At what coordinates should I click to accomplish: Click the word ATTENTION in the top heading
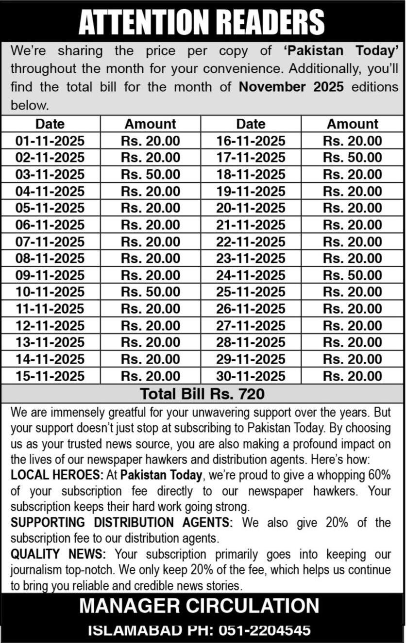(138, 22)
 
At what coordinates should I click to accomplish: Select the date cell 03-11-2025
(50, 174)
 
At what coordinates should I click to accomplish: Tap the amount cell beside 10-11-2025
(151, 292)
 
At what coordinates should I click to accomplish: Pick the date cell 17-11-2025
(251, 158)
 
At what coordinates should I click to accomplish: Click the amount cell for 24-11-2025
(353, 275)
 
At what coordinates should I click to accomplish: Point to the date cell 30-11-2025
(251, 376)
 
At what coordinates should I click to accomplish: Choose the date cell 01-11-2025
(50, 141)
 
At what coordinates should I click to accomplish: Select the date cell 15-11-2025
(50, 376)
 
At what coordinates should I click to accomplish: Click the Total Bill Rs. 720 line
(203, 393)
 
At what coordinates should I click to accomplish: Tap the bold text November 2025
(291, 87)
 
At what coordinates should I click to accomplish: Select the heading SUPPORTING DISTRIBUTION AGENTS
(122, 522)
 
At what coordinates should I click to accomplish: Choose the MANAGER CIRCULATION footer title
(199, 606)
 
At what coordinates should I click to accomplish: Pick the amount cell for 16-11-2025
(353, 141)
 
